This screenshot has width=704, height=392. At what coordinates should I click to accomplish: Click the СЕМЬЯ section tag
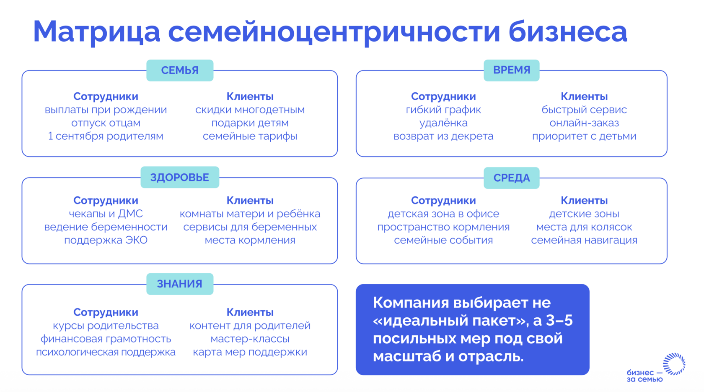180,70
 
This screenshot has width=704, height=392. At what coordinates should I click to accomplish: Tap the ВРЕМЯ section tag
511,70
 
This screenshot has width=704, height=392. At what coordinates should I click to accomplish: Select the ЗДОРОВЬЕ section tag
180,177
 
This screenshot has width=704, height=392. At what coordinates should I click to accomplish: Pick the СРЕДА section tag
511,178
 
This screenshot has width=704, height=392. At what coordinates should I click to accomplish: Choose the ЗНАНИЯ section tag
180,284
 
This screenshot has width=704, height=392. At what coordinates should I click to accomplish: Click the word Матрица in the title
97,32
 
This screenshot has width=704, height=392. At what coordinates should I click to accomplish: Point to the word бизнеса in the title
567,31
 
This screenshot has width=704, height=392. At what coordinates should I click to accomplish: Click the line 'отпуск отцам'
106,123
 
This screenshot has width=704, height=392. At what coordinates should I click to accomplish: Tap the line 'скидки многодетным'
250,110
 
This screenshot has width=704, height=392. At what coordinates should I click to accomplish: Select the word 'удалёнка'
443,123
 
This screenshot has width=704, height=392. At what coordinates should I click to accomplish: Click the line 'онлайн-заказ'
584,123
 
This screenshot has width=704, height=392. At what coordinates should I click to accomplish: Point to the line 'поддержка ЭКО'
106,240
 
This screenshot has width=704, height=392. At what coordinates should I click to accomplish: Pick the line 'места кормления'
250,240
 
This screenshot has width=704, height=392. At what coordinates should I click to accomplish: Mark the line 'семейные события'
443,240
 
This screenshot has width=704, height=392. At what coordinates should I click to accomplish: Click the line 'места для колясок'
584,227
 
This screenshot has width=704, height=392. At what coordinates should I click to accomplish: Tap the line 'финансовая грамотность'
106,339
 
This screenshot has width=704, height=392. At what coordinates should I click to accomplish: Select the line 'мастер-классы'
250,339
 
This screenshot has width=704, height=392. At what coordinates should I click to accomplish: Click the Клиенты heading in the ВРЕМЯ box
584,97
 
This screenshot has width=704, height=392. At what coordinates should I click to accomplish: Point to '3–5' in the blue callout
559,321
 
